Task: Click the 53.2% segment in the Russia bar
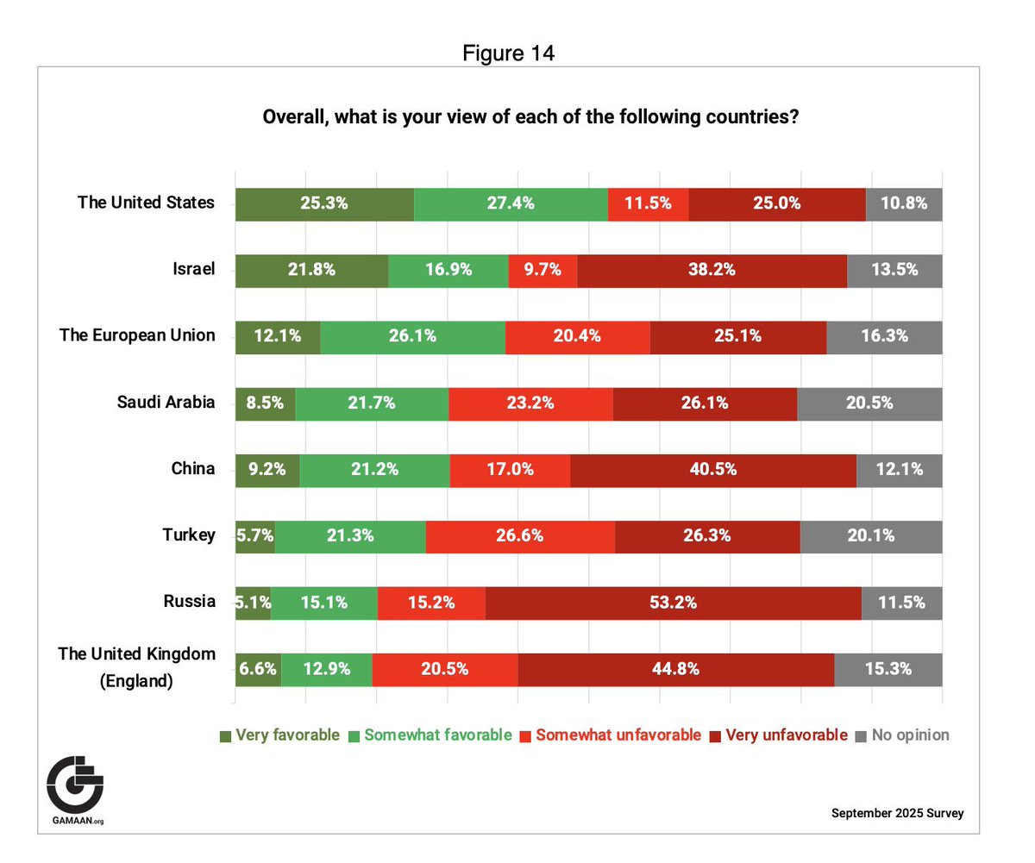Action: click(x=673, y=603)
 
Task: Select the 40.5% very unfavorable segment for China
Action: click(x=712, y=470)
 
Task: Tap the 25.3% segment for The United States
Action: click(x=324, y=204)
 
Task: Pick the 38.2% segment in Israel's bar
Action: click(x=712, y=271)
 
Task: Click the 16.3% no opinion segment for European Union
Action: click(x=884, y=337)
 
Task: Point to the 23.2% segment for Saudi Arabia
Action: click(x=530, y=403)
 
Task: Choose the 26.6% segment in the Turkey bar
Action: click(x=519, y=536)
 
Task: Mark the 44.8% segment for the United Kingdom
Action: click(x=675, y=669)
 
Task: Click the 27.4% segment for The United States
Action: click(x=511, y=204)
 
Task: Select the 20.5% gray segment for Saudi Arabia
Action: click(x=869, y=403)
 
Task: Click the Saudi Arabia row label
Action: click(x=166, y=402)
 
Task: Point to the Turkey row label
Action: click(x=188, y=535)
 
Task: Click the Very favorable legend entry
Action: click(x=279, y=735)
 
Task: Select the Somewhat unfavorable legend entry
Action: click(x=610, y=735)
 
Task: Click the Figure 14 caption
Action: click(x=508, y=53)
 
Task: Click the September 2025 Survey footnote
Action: click(x=897, y=813)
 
